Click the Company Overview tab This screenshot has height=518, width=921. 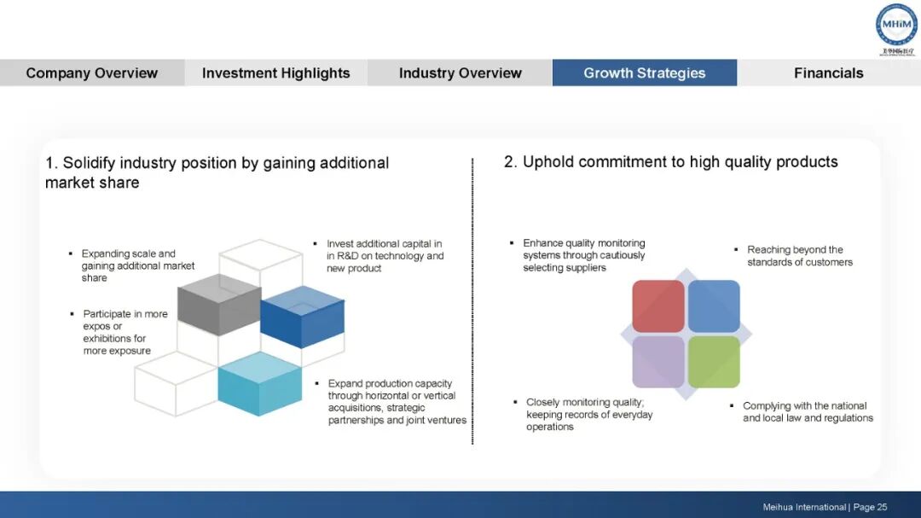pyautogui.click(x=92, y=73)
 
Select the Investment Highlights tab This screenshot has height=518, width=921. pyautogui.click(x=276, y=73)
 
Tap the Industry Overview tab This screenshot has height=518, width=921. pyautogui.click(x=460, y=73)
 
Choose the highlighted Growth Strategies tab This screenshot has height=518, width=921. pyautogui.click(x=645, y=73)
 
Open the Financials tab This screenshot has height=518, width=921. pyautogui.click(x=828, y=73)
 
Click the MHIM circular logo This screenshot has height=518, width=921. pyautogui.click(x=896, y=26)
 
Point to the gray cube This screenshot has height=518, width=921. pyautogui.click(x=219, y=305)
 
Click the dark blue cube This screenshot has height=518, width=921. pyautogui.click(x=302, y=317)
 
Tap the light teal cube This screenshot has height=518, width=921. pyautogui.click(x=259, y=384)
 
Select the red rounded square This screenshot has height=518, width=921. pyautogui.click(x=658, y=306)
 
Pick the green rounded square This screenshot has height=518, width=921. pyautogui.click(x=714, y=362)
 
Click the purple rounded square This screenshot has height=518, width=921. pyautogui.click(x=658, y=362)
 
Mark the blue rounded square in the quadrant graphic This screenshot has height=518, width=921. pyautogui.click(x=714, y=306)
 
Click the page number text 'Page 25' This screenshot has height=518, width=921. pyautogui.click(x=870, y=507)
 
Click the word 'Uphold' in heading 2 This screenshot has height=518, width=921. pyautogui.click(x=547, y=162)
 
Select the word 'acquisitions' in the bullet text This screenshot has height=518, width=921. pyautogui.click(x=354, y=408)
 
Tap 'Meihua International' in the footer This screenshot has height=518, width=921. pyautogui.click(x=804, y=507)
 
